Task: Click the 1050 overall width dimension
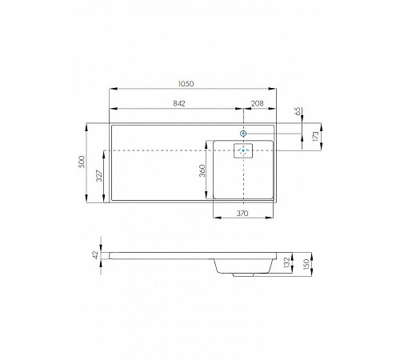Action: pos(186,84)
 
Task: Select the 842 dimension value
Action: pos(179,103)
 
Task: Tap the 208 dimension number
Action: pos(258,103)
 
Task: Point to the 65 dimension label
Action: pos(298,111)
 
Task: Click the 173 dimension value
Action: pos(315,136)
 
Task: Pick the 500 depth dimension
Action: pos(82,162)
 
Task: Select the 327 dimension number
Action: pos(99,176)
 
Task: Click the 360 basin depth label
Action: pos(202,170)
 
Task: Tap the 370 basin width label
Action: pos(242,214)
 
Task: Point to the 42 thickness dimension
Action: pos(96,255)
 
